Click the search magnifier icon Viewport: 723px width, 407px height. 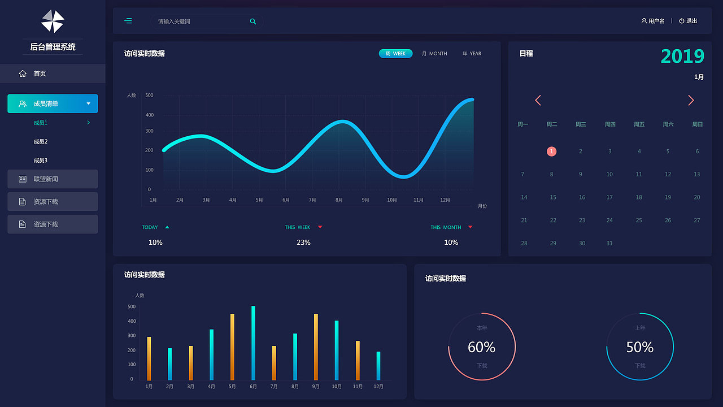point(253,21)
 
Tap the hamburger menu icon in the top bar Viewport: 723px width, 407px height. point(128,21)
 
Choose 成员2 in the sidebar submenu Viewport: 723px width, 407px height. point(41,141)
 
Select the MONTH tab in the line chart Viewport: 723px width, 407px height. point(434,54)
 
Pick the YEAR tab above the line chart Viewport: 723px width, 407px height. point(472,54)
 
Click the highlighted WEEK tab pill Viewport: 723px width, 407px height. point(395,54)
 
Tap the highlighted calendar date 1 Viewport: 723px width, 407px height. point(552,151)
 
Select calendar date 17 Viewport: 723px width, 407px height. point(609,197)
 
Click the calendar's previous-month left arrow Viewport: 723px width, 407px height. point(538,101)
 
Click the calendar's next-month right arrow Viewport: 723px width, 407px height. point(691,101)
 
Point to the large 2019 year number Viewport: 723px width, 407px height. point(682,57)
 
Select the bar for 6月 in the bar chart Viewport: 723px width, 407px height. point(253,343)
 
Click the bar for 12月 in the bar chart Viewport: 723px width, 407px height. point(378,366)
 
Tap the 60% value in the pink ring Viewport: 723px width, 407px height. point(481,347)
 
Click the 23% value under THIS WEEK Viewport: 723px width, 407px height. point(303,243)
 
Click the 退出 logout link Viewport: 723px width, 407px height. point(689,21)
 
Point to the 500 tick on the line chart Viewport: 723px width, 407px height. point(149,96)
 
